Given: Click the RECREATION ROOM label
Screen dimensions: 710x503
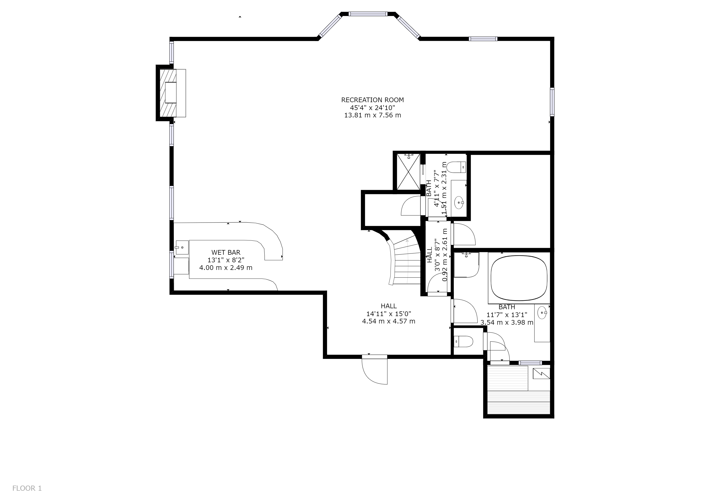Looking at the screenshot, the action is coord(372,100).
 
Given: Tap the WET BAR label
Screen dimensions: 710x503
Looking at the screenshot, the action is coord(226,252).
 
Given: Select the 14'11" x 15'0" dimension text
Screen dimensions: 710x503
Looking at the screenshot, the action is coord(389,313).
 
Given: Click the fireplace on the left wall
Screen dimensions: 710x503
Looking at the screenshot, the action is coord(171,93).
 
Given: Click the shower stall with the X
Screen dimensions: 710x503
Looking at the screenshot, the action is coord(408,172).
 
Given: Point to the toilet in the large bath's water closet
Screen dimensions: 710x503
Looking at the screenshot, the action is coord(464,342).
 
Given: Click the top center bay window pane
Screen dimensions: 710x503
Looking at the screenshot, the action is coord(368,14).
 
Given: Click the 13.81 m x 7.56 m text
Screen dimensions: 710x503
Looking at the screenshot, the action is coord(372,115).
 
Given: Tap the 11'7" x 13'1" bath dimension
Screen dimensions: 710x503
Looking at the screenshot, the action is coord(507,315).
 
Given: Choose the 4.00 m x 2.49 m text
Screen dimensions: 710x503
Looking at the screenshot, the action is coord(226,268).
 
